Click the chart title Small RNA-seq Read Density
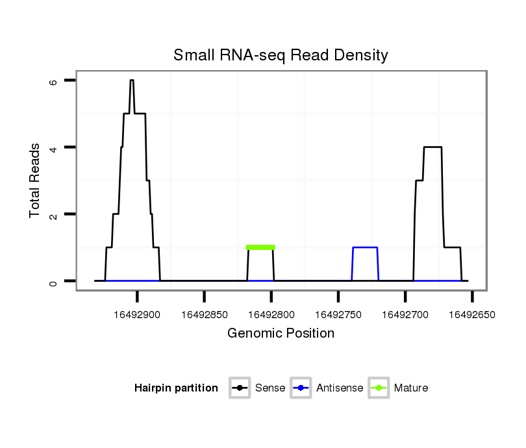[281, 55]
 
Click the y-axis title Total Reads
[36, 181]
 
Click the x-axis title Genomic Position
[281, 334]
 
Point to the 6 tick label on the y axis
[54, 82]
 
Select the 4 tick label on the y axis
[54, 148]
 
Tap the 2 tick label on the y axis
[54, 215]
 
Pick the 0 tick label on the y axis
[54, 282]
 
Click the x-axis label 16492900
[138, 315]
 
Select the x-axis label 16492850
[205, 315]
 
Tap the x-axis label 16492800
[271, 315]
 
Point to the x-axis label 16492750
[338, 315]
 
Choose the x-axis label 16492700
[405, 315]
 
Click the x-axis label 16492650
[472, 315]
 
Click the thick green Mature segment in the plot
[260, 247]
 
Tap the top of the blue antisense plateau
[365, 247]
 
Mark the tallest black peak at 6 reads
[132, 81]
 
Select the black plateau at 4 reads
[432, 147]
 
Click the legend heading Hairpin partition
[176, 388]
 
